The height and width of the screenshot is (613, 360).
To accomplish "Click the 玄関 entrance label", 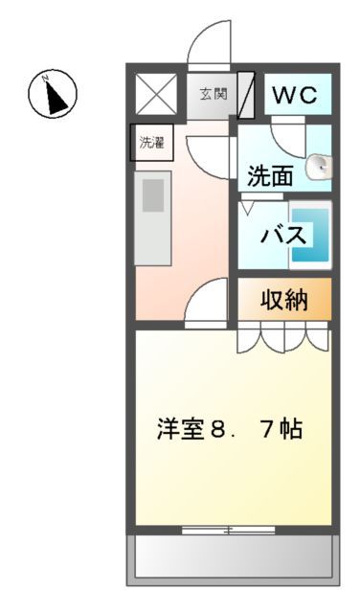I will coord(213,95).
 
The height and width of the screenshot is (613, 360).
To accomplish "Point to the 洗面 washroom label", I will coord(270,176).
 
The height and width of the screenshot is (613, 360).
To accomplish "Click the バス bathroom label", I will coord(283,236).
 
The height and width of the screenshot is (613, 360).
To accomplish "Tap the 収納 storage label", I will coord(284,300).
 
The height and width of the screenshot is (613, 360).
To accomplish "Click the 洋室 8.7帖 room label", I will coord(230,428).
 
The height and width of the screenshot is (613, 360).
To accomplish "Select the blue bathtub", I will coord(310,235).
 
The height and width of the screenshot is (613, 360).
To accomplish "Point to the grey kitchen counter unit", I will coord(153,218).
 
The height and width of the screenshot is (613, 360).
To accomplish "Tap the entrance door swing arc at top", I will coord(209,46).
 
